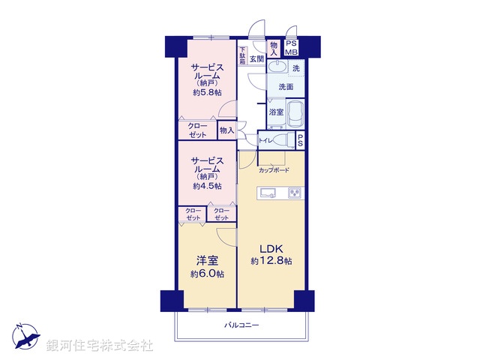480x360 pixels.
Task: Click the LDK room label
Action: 271,249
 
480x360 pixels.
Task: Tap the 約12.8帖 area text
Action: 271,261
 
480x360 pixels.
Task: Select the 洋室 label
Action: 207,261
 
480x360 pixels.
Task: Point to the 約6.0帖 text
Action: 207,274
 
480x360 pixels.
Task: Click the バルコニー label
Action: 241,325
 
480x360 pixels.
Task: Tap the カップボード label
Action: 274,170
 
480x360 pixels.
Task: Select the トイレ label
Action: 265,140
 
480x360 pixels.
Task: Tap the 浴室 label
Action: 276,112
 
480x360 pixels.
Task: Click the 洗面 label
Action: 285,87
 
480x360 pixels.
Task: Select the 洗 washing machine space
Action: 295,68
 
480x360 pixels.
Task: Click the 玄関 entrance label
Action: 256,58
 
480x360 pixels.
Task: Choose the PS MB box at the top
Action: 292,48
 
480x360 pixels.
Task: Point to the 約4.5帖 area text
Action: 206,186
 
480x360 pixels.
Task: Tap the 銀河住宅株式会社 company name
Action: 100,346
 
